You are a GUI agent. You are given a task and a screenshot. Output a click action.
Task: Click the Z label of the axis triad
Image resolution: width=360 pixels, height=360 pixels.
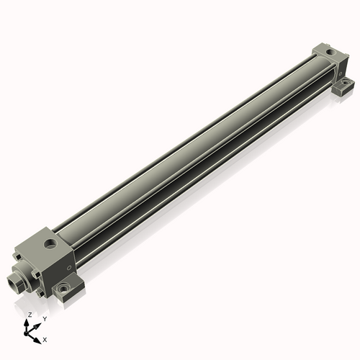tap(30, 315)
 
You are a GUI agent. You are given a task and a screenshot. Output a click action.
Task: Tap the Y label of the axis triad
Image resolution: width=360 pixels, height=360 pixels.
tap(45, 318)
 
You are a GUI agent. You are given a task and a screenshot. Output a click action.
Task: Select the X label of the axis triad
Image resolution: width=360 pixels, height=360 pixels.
tap(45, 338)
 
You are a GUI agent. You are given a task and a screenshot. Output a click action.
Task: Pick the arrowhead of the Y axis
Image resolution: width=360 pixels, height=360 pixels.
tap(38, 323)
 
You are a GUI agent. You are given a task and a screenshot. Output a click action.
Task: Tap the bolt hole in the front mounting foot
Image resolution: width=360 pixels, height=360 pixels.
tap(66, 289)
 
